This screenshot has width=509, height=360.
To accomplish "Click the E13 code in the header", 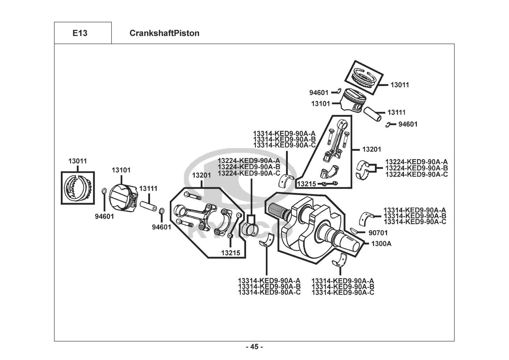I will pyautogui.click(x=79, y=33).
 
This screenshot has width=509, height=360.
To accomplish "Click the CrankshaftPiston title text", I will pyautogui.click(x=164, y=33).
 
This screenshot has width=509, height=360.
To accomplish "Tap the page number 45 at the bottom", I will pyautogui.click(x=254, y=347).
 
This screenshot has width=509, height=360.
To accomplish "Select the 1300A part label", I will pyautogui.click(x=381, y=244).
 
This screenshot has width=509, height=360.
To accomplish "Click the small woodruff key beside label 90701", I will pyautogui.click(x=354, y=231).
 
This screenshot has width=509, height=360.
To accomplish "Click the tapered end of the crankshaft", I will pyautogui.click(x=351, y=243).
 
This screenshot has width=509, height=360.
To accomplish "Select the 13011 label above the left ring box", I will pyautogui.click(x=78, y=161).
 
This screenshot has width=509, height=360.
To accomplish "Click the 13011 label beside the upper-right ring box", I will pyautogui.click(x=400, y=85).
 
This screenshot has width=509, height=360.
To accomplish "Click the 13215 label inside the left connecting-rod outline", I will pyautogui.click(x=231, y=253).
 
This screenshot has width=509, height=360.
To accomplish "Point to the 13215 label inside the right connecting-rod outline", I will pyautogui.click(x=306, y=184).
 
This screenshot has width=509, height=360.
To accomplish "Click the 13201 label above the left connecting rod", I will pyautogui.click(x=201, y=175).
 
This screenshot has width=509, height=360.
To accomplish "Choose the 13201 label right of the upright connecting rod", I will pyautogui.click(x=371, y=149).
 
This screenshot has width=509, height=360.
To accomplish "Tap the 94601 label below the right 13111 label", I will pyautogui.click(x=408, y=124).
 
